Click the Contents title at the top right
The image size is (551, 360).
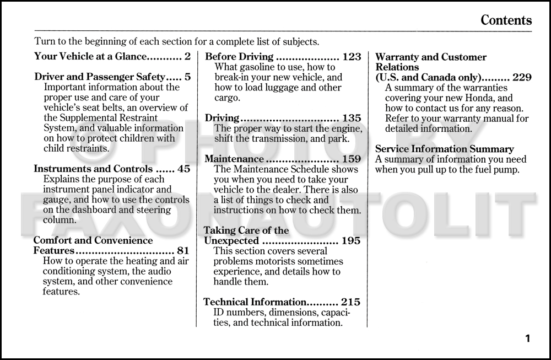click(x=506, y=20)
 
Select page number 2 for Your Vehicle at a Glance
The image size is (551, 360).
click(x=187, y=56)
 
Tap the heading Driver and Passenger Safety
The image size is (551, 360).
click(x=99, y=77)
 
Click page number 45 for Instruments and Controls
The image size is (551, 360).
click(x=183, y=169)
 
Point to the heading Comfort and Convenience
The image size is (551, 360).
click(x=93, y=240)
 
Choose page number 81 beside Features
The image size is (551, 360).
click(x=183, y=251)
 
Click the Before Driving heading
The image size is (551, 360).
click(x=239, y=56)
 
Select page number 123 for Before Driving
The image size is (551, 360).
click(x=352, y=56)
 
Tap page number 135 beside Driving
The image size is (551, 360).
click(x=352, y=118)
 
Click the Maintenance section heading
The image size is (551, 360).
click(x=234, y=159)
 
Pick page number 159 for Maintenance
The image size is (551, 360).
click(x=352, y=159)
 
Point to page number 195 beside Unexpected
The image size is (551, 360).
click(x=351, y=240)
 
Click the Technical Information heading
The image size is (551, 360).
click(x=255, y=302)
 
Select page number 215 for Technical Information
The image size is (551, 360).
click(x=351, y=302)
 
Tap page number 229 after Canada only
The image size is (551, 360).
click(x=522, y=77)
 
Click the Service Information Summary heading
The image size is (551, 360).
click(x=444, y=149)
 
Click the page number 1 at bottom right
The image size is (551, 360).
click(x=527, y=338)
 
